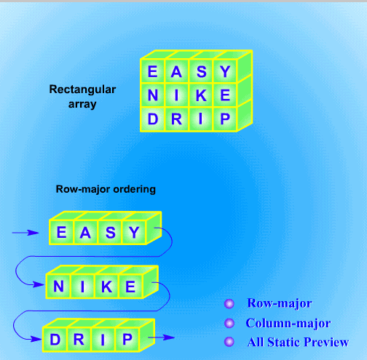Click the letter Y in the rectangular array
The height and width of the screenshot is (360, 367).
pyautogui.click(x=225, y=71)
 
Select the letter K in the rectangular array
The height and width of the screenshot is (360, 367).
pyautogui.click(x=201, y=95)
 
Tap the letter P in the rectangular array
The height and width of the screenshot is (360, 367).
pyautogui.click(x=225, y=119)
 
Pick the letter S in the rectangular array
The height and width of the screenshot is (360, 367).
pyautogui.click(x=202, y=71)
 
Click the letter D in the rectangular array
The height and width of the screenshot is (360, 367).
pyautogui.click(x=153, y=119)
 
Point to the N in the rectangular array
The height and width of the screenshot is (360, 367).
pyautogui.click(x=153, y=95)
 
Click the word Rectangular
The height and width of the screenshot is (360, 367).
pyautogui.click(x=82, y=89)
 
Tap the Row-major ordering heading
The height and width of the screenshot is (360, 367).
pyautogui.click(x=106, y=189)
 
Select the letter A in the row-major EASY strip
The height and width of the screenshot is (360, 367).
pyautogui.click(x=85, y=233)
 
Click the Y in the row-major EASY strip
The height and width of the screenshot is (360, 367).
pyautogui.click(x=134, y=232)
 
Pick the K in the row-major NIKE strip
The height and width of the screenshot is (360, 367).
pyautogui.click(x=106, y=287)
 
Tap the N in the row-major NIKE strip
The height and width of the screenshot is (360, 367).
pyautogui.click(x=58, y=287)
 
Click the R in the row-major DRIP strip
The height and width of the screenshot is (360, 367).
pyautogui.click(x=79, y=339)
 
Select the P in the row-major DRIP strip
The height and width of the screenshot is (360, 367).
pyautogui.click(x=127, y=339)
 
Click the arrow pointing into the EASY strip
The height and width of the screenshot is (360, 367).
pyautogui.click(x=25, y=233)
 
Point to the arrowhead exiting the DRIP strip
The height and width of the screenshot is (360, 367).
pyautogui.click(x=169, y=337)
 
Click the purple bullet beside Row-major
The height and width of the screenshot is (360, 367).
pyautogui.click(x=229, y=303)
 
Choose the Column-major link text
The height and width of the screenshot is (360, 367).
pyautogui.click(x=288, y=324)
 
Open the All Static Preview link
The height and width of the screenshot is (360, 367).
pyautogui.click(x=298, y=343)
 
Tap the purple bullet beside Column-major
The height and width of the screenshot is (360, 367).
pyautogui.click(x=229, y=323)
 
